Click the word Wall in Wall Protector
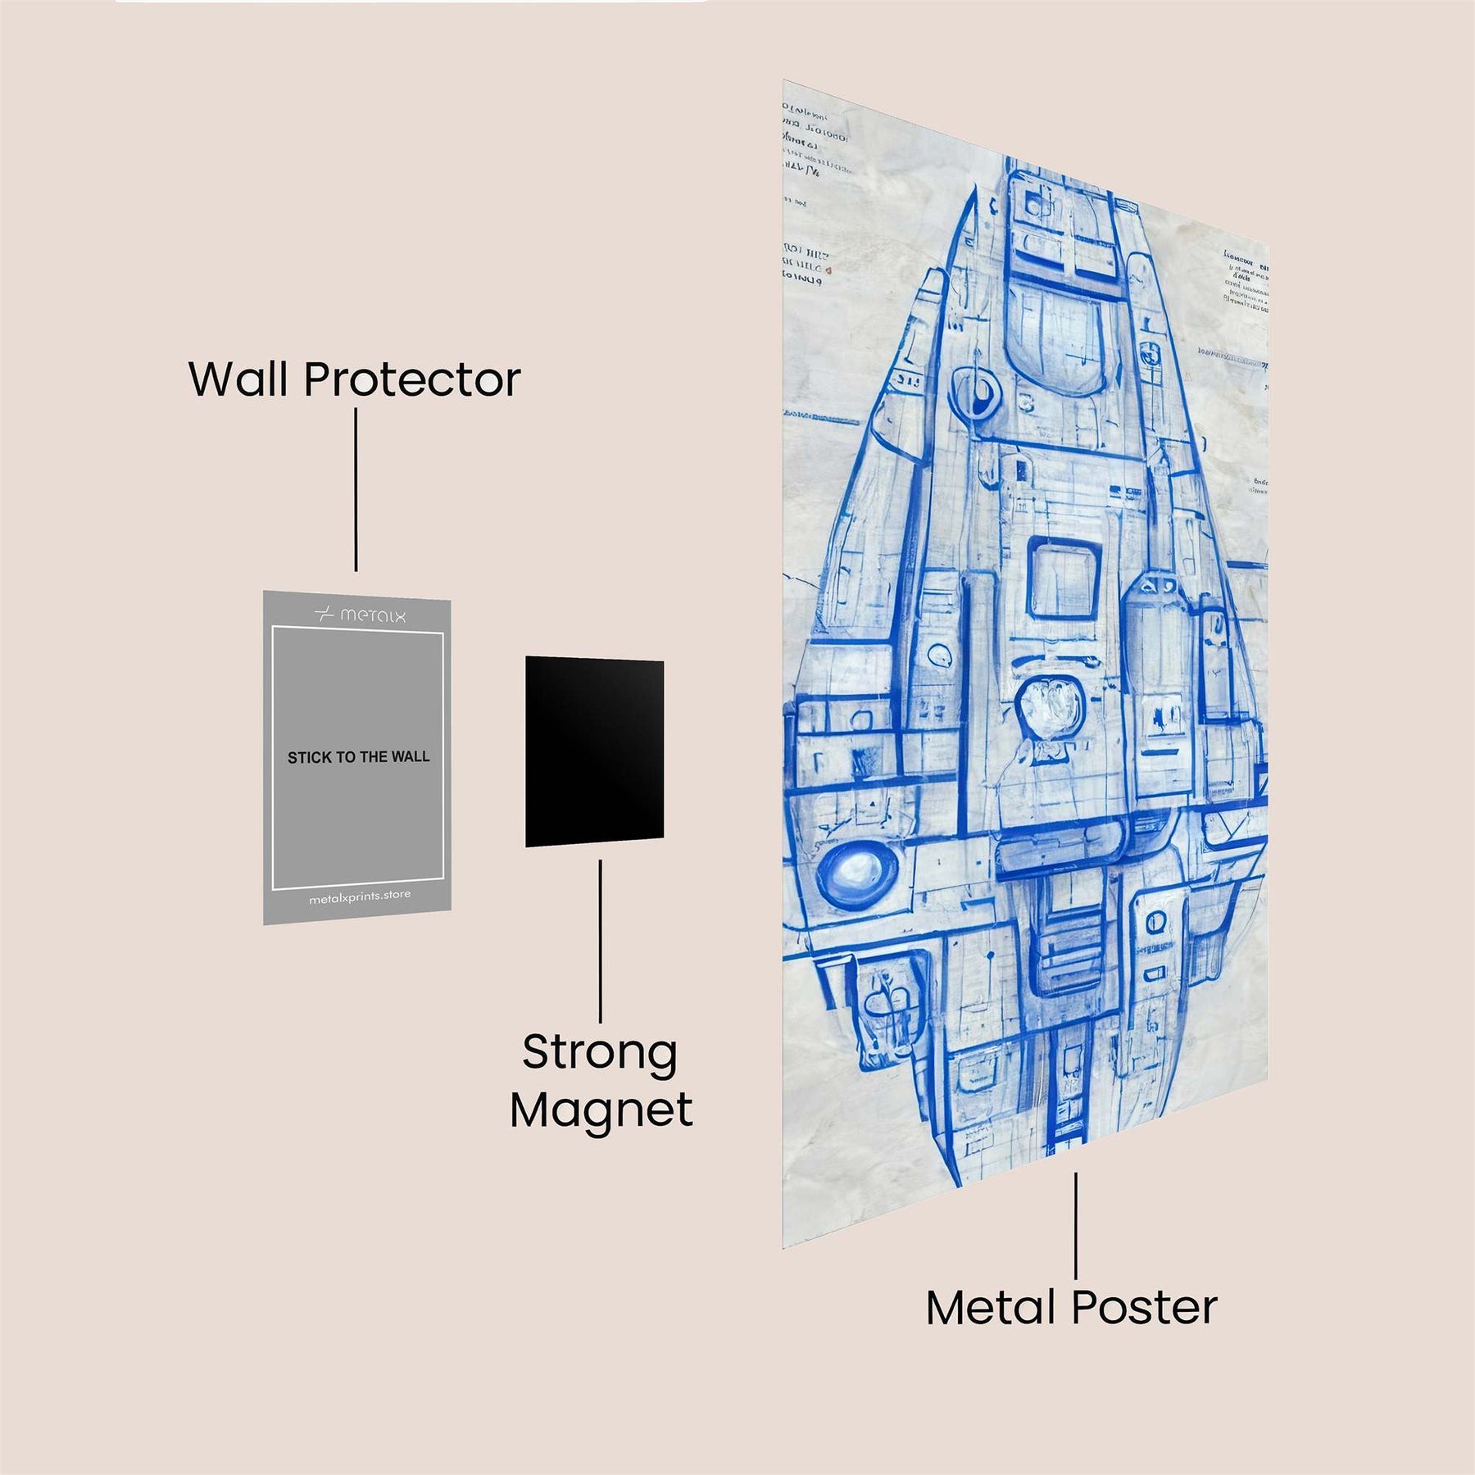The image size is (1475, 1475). pos(239,379)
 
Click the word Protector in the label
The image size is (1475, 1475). pos(412,379)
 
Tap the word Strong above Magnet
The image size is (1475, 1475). pos(600,1053)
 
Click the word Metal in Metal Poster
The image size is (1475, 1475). pos(991,1308)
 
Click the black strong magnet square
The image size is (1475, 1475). pos(594,751)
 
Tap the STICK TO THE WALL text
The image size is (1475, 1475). pos(358,757)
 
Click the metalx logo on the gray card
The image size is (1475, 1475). pos(361,615)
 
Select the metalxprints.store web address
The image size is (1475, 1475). pos(360,897)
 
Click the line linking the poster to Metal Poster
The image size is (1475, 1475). pos(1075,1224)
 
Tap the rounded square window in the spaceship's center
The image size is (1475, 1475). pos(1064,576)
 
